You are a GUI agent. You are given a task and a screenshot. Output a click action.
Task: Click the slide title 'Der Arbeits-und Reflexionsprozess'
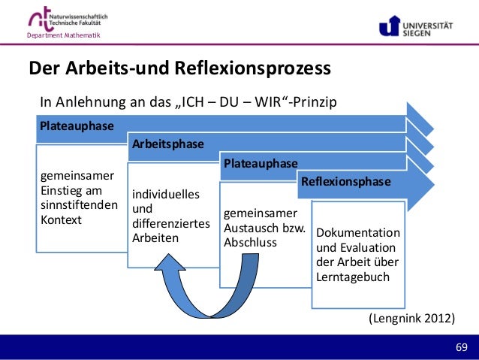point(179,70)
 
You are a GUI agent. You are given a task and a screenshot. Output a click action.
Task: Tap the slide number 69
point(461,346)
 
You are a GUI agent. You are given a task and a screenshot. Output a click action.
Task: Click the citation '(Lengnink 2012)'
point(411,319)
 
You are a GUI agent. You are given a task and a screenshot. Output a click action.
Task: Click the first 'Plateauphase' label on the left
point(77,126)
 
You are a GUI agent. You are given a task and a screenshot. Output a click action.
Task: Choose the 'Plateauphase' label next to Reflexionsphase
point(260,163)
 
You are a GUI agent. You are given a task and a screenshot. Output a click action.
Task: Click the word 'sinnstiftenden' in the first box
point(78,205)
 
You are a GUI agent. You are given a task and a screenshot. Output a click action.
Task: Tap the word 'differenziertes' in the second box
point(170,223)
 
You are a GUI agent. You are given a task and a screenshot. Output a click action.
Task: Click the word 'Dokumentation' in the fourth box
point(358,233)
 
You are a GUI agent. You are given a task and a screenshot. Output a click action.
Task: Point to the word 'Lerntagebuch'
point(353,276)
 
